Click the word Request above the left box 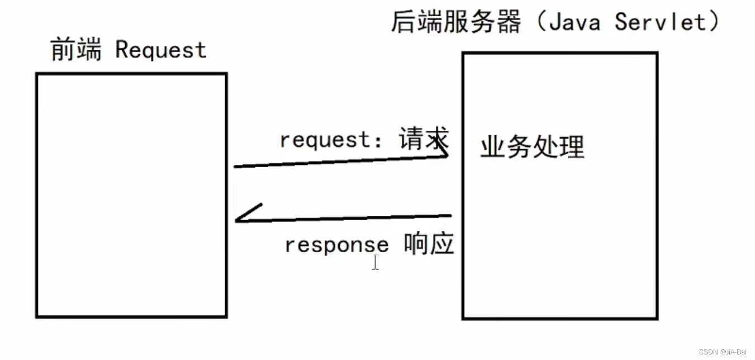point(161,51)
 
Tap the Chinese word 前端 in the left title point(76,50)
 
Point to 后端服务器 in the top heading point(455,23)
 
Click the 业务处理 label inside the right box point(532,148)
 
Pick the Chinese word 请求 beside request point(424,139)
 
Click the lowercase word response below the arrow point(336,245)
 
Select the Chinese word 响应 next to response point(429,244)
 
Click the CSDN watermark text point(708,352)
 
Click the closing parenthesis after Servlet point(714,23)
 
